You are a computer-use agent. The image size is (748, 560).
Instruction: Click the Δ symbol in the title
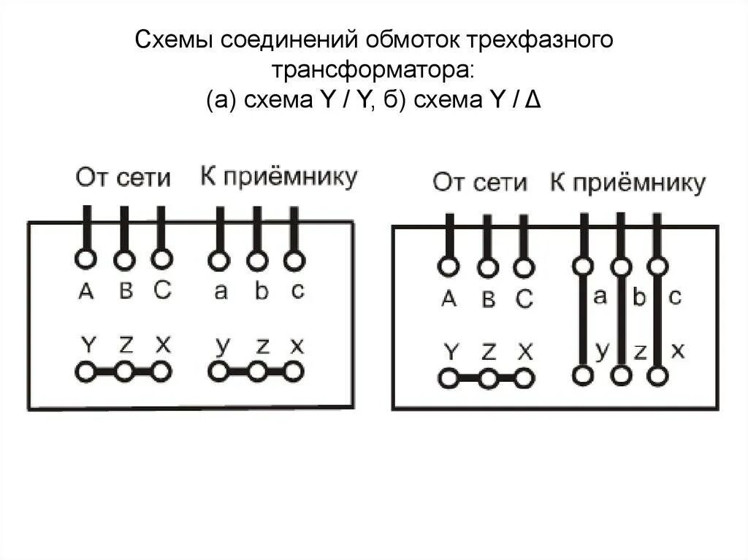pyautogui.click(x=533, y=102)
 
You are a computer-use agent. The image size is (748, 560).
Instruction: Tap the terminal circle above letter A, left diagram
pyautogui.click(x=86, y=260)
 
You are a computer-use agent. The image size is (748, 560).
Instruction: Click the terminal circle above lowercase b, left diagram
pyautogui.click(x=256, y=260)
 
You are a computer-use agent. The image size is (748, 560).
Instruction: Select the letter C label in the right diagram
pyautogui.click(x=524, y=299)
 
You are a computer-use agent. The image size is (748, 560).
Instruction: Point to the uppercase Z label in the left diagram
pyautogui.click(x=125, y=345)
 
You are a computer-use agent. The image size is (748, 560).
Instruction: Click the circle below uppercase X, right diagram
pyautogui.click(x=523, y=379)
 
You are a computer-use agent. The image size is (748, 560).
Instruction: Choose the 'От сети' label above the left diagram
pyautogui.click(x=123, y=177)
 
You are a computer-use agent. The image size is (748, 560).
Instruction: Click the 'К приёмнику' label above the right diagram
pyautogui.click(x=627, y=183)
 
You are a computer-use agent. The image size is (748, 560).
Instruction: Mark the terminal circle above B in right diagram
pyautogui.click(x=487, y=267)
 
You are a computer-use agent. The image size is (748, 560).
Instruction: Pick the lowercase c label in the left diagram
pyautogui.click(x=297, y=291)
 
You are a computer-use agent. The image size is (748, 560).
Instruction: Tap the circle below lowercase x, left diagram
pyautogui.click(x=294, y=372)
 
